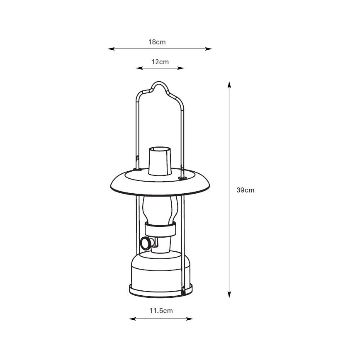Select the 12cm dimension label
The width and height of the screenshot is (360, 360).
pos(160,62)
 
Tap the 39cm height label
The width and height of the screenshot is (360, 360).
pos(245,190)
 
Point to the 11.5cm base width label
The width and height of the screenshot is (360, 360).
pos(161,310)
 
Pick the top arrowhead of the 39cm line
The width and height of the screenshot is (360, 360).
pos(229,85)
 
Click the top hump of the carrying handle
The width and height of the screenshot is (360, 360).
pos(160,84)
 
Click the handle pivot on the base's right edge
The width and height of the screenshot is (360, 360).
pos(183,292)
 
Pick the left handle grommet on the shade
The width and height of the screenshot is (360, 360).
pos(137,169)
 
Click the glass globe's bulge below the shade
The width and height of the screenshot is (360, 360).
pos(160,207)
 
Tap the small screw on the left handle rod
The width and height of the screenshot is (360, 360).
pos(137,158)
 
